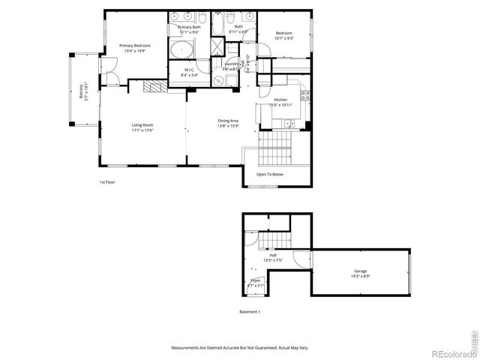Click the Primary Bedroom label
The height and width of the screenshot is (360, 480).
135,46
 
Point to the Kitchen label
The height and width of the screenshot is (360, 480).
280,100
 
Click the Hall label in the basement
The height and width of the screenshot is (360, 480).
273,255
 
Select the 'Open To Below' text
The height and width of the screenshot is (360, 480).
269,174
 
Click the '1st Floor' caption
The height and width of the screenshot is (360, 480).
107,182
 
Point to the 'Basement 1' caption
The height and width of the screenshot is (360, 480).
249,311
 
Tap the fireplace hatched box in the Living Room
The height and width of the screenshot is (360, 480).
154,86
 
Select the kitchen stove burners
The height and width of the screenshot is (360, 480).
305,94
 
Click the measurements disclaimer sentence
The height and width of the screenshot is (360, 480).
239,348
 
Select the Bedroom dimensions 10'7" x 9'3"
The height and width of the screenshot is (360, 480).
283,37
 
